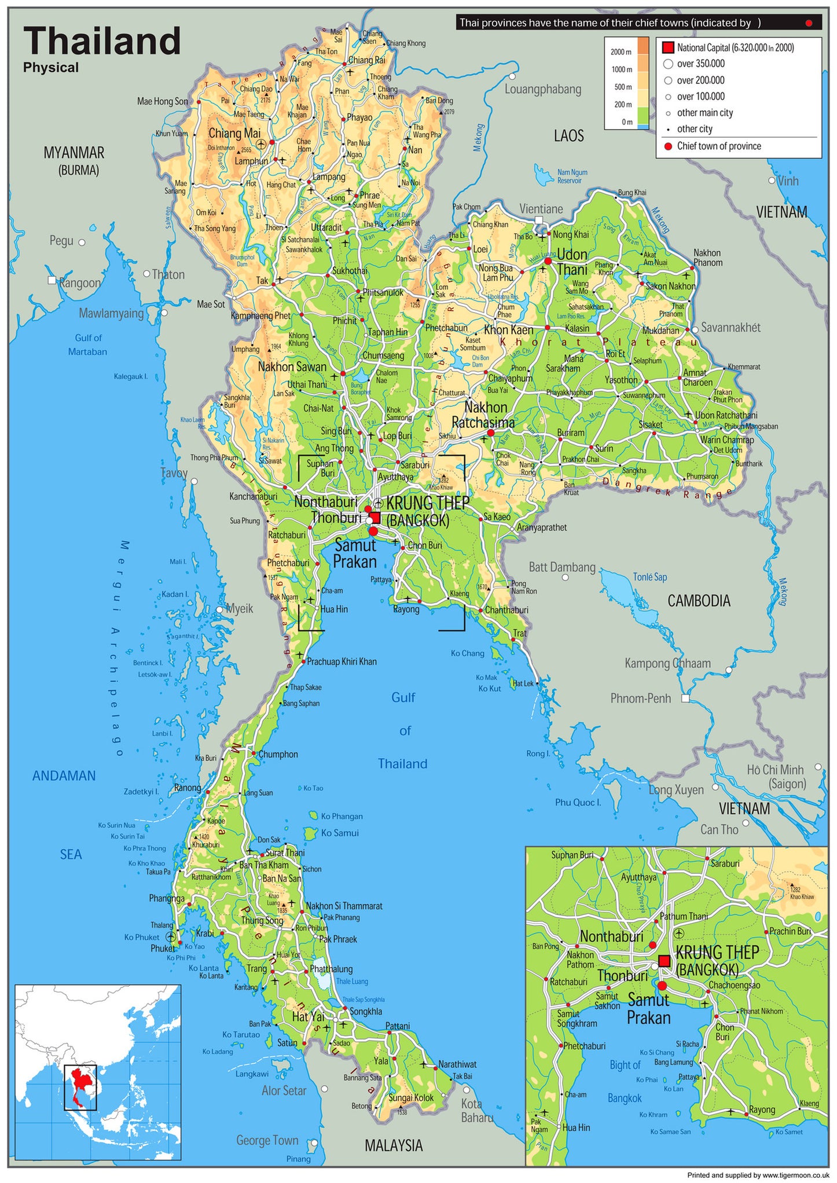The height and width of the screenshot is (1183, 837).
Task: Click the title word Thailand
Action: (x=102, y=41)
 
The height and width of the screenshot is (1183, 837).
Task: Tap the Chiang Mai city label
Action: (x=234, y=133)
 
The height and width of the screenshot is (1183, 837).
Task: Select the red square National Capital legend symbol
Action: (x=668, y=47)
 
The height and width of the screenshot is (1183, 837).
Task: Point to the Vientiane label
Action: (x=541, y=209)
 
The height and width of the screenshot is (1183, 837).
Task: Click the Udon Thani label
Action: (x=572, y=262)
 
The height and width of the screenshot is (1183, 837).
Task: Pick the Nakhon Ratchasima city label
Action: (x=483, y=415)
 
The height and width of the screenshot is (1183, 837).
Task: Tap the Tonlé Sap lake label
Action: (x=649, y=577)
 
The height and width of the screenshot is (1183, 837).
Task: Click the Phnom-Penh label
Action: (x=640, y=699)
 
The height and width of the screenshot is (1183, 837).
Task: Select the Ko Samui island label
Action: (x=340, y=833)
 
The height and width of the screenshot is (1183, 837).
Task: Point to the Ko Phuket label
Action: (x=141, y=937)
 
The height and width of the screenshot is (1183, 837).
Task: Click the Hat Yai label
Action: (x=308, y=1017)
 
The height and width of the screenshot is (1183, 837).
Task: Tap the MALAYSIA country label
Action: (x=394, y=1145)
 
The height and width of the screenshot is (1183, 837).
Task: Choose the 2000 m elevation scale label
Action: (x=621, y=52)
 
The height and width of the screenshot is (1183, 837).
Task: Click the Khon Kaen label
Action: (x=508, y=330)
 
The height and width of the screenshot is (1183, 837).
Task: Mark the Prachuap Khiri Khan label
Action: (x=342, y=662)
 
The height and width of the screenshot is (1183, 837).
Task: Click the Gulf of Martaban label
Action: (x=87, y=344)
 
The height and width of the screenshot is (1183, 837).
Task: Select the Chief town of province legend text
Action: (x=719, y=146)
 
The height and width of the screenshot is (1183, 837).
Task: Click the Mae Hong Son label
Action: (x=163, y=101)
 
